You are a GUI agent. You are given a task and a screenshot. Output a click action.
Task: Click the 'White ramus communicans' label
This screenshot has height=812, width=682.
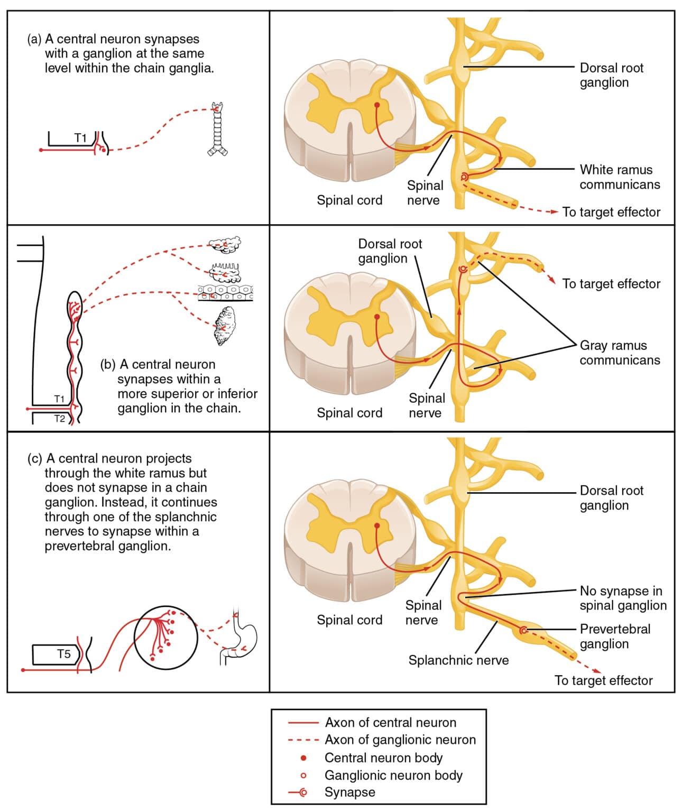(619, 177)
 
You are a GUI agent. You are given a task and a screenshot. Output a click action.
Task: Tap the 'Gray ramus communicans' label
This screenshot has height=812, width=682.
(619, 353)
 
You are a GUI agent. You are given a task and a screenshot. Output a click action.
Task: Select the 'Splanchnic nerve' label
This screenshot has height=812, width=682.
(458, 660)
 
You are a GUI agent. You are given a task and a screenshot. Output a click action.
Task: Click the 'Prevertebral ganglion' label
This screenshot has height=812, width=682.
(615, 636)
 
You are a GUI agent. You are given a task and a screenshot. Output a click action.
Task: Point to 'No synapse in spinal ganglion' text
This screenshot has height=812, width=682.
(622, 598)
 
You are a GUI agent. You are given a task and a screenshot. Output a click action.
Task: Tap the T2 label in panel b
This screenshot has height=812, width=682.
(59, 419)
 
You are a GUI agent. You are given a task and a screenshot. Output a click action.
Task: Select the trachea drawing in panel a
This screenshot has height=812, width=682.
(217, 130)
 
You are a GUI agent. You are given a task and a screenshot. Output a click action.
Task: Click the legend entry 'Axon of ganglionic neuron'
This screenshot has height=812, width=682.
(400, 740)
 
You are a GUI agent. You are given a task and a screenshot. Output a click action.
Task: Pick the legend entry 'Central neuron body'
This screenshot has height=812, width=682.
(383, 758)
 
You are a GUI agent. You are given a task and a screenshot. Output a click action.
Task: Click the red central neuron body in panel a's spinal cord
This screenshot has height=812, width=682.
(377, 105)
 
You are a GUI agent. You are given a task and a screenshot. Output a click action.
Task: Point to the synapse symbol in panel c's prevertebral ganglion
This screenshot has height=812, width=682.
(523, 630)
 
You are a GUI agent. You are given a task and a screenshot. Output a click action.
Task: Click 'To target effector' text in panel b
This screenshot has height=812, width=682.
(611, 284)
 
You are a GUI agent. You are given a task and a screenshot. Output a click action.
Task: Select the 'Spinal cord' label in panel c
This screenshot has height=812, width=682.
(349, 620)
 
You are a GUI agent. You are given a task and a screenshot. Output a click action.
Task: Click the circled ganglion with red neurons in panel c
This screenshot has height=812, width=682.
(166, 637)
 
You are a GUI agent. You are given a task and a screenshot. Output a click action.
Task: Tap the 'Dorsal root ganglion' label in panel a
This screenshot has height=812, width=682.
(611, 75)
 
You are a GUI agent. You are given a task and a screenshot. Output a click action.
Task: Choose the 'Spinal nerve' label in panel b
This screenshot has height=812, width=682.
(426, 405)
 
